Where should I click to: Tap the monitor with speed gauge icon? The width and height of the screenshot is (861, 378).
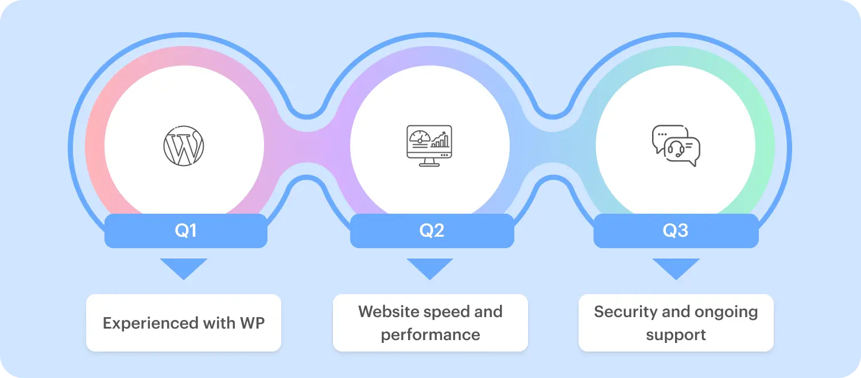[429, 145]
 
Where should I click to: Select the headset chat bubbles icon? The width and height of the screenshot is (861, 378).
[676, 146]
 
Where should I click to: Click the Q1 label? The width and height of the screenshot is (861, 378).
[185, 231]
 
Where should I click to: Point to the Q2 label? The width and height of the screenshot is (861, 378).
[432, 231]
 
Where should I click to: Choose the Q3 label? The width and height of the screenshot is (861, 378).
[676, 231]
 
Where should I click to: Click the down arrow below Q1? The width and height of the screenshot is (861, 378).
[184, 268]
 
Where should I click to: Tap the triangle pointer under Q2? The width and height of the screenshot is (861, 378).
[430, 268]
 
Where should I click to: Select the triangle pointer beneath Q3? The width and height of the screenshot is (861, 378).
[676, 268]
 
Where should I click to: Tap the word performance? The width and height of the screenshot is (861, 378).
[430, 335]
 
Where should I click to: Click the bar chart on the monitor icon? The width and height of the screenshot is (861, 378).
[440, 140]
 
